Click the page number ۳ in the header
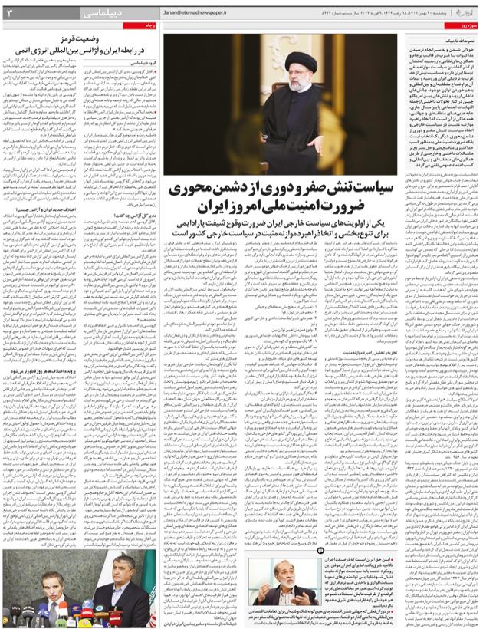point(9,13)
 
